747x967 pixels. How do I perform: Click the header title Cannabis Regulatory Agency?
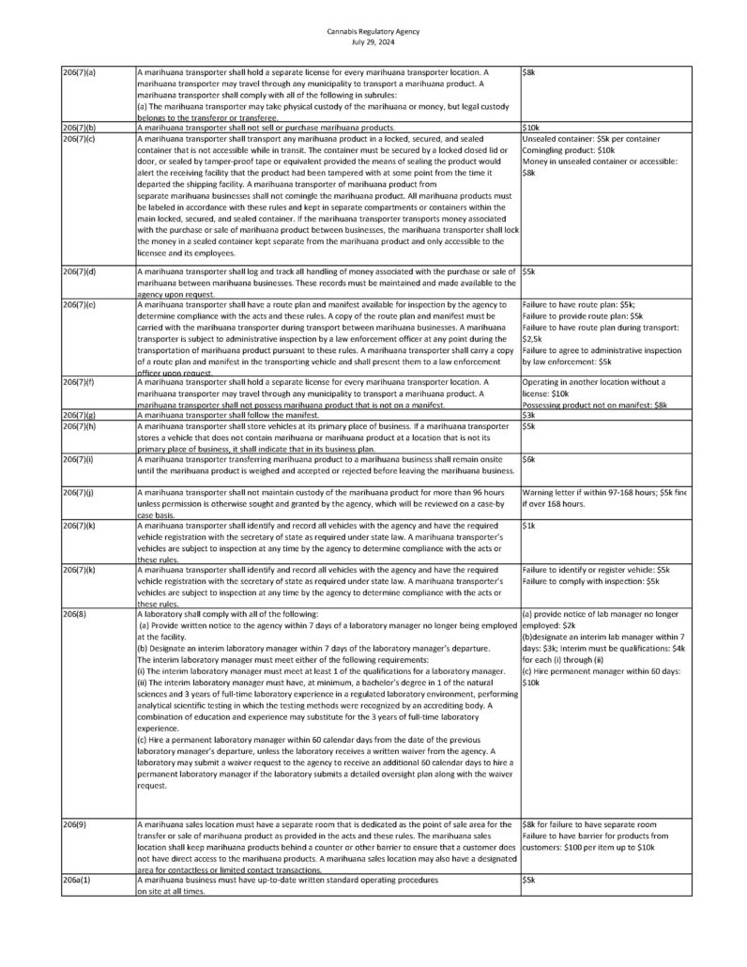click(373, 31)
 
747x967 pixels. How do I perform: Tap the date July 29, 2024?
click(373, 41)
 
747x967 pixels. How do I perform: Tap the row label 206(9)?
click(72, 823)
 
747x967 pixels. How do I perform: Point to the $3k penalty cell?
click(528, 414)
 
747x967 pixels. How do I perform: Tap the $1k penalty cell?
click(528, 527)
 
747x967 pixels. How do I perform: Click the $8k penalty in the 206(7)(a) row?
click(528, 72)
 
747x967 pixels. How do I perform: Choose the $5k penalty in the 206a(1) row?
click(528, 881)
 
